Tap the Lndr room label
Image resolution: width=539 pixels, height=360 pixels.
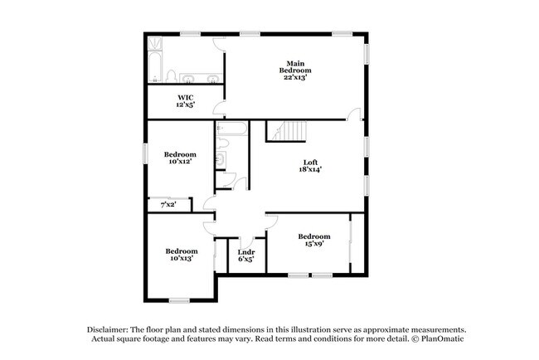245,251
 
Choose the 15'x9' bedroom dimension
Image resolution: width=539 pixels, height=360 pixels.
314,245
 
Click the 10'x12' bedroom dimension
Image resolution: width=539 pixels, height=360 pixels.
180,163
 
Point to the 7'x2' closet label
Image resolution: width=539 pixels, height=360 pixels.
168,204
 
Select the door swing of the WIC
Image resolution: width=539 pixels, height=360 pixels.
218,108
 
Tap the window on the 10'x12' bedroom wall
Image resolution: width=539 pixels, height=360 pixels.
147,154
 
